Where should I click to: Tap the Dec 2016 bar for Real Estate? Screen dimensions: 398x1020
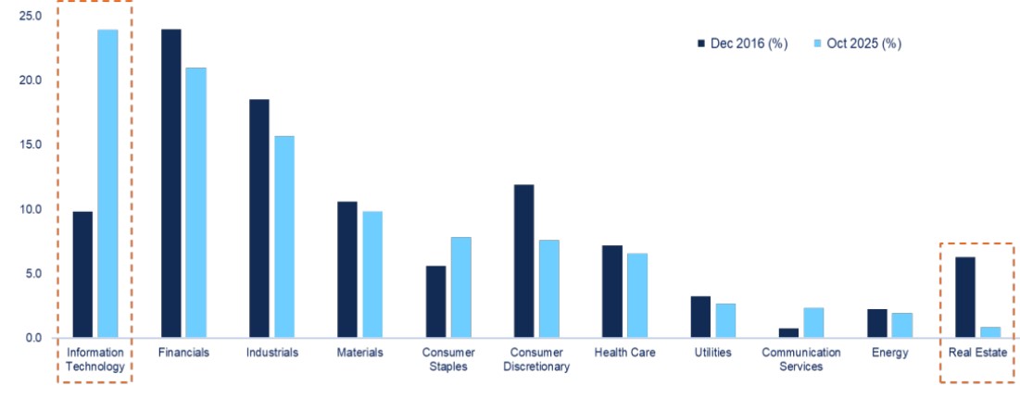coord(964,297)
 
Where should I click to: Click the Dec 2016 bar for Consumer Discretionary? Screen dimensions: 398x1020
coord(523,261)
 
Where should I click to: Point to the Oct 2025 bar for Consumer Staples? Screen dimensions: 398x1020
coord(460,287)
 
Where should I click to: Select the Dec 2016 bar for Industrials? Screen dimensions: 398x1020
coord(258,218)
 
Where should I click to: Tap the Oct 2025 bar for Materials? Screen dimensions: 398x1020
coord(371,274)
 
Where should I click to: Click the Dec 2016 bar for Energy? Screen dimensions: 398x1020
coord(877,323)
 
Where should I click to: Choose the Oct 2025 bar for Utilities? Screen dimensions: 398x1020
coord(725,320)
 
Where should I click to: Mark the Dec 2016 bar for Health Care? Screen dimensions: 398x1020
coord(611,292)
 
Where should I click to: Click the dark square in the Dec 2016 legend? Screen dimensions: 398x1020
coord(700,44)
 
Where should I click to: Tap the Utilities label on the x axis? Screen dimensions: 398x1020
coord(712,353)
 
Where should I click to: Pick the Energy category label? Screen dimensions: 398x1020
coord(889,353)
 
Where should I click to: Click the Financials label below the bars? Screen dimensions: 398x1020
coord(183,353)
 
